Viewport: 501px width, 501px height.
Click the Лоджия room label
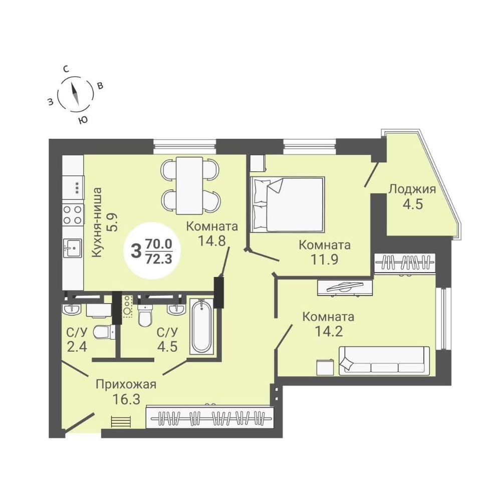click(412, 189)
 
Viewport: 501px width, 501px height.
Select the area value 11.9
click(324, 260)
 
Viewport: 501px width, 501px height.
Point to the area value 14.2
click(329, 331)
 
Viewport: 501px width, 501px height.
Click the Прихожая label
click(126, 385)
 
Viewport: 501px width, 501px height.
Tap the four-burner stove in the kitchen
click(73, 215)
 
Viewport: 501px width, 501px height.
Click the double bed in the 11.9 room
click(288, 204)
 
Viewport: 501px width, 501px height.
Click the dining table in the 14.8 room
click(189, 186)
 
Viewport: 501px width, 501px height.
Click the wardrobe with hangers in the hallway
click(210, 417)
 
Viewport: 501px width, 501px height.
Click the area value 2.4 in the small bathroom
click(77, 346)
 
